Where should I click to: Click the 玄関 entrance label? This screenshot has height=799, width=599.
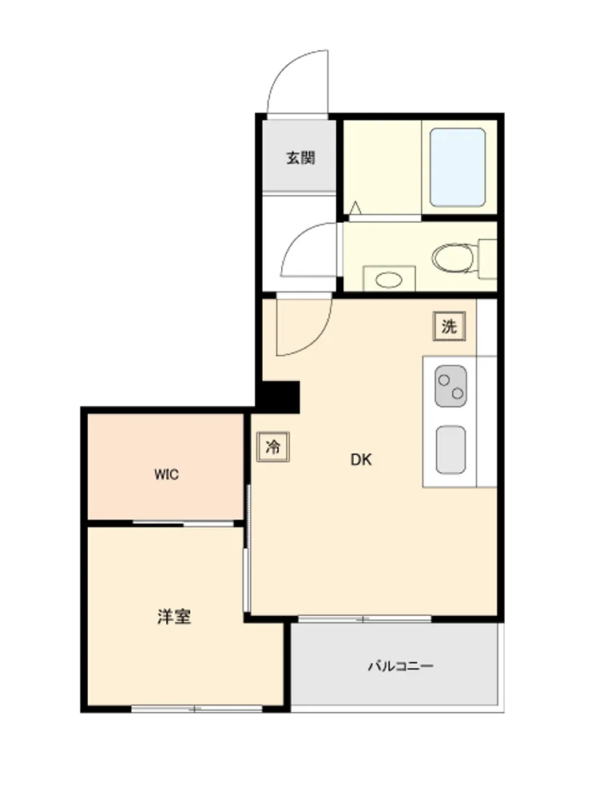coord(300,158)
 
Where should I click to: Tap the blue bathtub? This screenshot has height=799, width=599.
coord(458,167)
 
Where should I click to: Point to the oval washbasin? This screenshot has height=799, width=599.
coord(389,279)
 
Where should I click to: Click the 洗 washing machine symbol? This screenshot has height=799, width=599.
coord(449,326)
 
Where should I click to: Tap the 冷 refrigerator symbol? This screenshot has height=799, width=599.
coord(273,447)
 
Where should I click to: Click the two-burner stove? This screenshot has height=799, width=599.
coord(450,386)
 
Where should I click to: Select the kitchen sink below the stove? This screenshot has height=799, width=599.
coord(450,449)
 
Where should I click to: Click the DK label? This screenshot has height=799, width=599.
coord(361,459)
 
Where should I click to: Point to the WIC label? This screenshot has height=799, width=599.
coord(167,475)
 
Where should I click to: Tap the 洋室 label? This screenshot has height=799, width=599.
coord(174,617)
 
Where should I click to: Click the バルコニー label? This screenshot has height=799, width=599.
coord(401,666)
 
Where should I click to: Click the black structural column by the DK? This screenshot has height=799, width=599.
coord(278,397)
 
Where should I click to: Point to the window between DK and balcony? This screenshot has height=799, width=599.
coord(365,619)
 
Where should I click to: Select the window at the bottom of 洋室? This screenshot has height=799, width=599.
coord(197,708)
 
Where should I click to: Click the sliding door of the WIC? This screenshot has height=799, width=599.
coord(184,523)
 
